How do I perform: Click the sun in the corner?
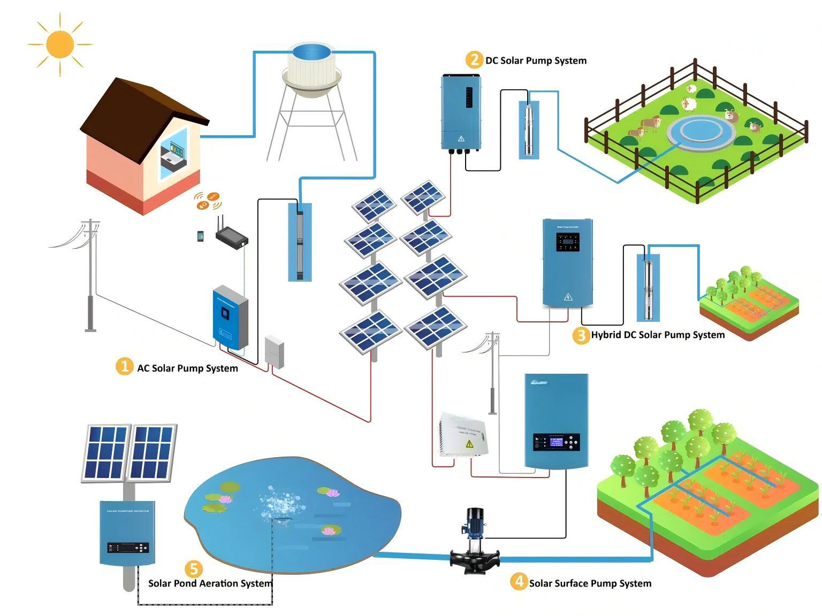point(59,44)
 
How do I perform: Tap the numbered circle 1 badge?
point(124,366)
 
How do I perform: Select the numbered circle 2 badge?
point(474,59)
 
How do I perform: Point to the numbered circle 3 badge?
point(581,335)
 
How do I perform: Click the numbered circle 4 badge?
point(518,581)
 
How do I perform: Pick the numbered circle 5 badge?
point(193,569)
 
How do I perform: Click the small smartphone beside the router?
point(201,236)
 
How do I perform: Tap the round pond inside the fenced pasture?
point(701,132)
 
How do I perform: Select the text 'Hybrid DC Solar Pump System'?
point(657,335)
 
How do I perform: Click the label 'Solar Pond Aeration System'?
point(210,583)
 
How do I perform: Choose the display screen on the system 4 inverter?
point(552,442)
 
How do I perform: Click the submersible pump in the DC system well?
point(529,129)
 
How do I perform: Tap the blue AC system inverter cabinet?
point(230,318)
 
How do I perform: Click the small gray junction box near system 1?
point(275,351)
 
